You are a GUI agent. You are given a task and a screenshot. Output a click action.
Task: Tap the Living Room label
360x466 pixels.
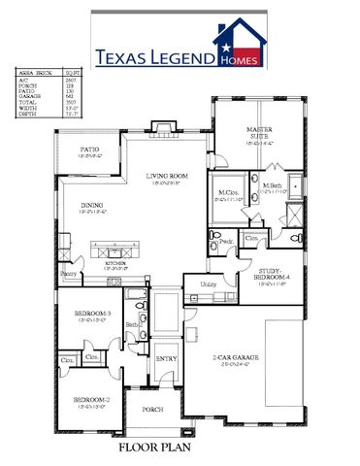click(x=167, y=176)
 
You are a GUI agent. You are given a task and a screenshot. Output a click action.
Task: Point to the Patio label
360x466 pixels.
click(x=89, y=149)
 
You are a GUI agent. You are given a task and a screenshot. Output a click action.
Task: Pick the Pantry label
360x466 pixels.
click(x=68, y=275)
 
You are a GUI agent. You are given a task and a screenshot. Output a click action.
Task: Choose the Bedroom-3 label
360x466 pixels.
click(x=94, y=314)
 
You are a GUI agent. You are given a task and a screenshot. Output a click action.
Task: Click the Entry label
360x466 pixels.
click(x=166, y=357)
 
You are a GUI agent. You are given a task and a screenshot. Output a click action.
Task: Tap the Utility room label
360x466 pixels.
click(x=208, y=283)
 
